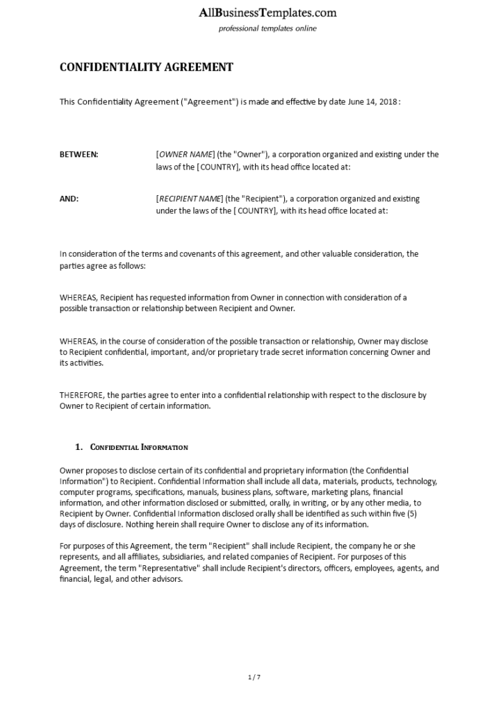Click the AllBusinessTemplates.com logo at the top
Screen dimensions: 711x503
[267, 12]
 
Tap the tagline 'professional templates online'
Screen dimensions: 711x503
[267, 28]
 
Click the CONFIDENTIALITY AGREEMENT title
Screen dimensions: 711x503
[147, 67]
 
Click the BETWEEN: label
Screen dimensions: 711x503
[79, 154]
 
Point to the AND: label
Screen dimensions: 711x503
[69, 199]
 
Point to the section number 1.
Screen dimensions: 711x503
[79, 447]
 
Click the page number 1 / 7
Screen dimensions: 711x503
[254, 676]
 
